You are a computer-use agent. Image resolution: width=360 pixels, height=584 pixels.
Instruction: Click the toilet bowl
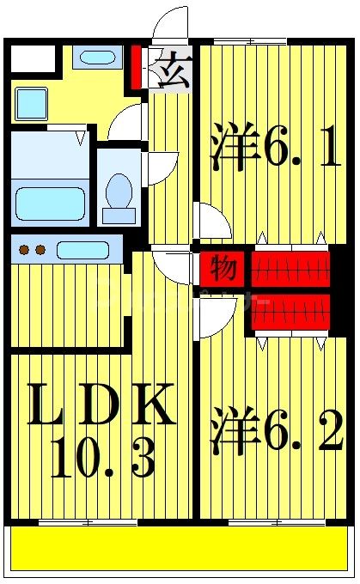(119, 191)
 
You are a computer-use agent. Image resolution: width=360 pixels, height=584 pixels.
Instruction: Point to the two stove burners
(31, 250)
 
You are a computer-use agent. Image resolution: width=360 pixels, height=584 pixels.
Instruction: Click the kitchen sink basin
(82, 250)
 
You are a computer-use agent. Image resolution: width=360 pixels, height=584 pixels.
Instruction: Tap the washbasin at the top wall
(96, 58)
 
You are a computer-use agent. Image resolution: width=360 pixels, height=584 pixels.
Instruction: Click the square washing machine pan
(32, 104)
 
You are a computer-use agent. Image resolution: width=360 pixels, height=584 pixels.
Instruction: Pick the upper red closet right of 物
(292, 268)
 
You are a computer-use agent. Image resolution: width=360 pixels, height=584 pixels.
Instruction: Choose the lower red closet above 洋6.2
(292, 311)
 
